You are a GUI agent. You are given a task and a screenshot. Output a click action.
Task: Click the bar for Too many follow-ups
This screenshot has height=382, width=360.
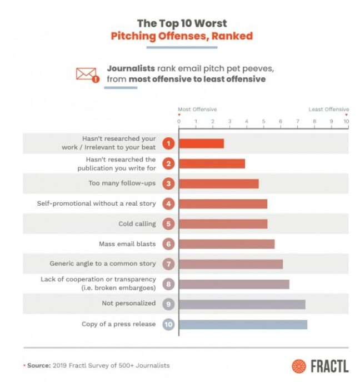tap(219, 183)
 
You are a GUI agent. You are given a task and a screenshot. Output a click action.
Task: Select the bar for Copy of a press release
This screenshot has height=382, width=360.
tap(243, 324)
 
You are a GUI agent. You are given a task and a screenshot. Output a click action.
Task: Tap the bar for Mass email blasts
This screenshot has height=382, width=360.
tap(227, 244)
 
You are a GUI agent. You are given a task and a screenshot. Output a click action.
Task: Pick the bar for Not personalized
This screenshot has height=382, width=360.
tap(242, 304)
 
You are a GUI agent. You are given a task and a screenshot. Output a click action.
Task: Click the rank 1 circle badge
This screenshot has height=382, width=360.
tap(169, 143)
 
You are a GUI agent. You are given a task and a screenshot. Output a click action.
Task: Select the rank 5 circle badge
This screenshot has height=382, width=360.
tap(169, 224)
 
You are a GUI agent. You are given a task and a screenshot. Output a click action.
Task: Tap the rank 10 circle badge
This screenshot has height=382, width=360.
tap(169, 324)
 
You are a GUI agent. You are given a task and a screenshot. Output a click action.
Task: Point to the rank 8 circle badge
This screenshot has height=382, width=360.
tap(169, 284)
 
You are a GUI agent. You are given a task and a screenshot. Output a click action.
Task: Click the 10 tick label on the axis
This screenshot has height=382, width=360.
tap(346, 121)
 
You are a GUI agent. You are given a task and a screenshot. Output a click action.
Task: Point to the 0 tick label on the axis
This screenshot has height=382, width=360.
tap(179, 121)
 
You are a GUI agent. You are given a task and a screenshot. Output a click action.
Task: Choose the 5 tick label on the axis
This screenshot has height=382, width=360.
tap(263, 121)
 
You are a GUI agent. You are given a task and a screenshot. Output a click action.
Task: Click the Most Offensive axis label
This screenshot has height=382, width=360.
tap(197, 110)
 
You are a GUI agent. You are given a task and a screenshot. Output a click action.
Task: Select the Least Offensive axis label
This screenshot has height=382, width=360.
tap(329, 110)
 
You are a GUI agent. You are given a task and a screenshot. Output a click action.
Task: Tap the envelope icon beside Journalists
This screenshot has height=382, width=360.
tap(87, 74)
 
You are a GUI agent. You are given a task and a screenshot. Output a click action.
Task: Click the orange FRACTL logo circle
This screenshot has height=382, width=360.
tap(298, 366)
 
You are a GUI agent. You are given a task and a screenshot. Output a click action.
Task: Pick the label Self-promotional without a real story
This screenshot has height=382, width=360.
tap(96, 204)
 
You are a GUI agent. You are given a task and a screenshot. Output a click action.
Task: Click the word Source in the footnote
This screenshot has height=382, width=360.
tap(38, 365)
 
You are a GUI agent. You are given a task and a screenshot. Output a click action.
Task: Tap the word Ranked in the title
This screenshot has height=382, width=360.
tap(235, 36)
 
